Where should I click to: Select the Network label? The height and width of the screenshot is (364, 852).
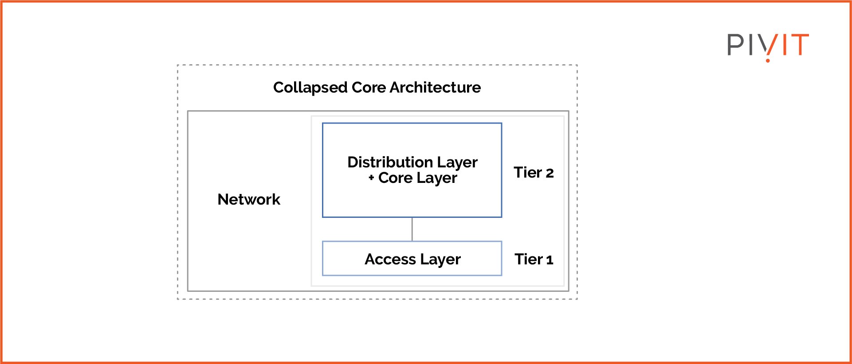(x=249, y=199)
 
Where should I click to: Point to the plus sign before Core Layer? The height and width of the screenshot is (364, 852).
(x=371, y=178)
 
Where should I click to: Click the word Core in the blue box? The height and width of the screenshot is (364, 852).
(x=395, y=178)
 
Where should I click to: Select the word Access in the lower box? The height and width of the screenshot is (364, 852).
(x=390, y=259)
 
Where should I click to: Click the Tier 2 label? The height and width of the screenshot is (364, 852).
(x=534, y=172)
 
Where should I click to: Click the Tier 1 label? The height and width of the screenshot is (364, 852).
(x=534, y=259)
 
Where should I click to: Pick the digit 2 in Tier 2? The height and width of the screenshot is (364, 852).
(x=550, y=173)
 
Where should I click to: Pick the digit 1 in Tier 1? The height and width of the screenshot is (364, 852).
(x=550, y=260)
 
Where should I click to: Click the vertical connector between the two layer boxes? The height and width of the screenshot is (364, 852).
(x=412, y=229)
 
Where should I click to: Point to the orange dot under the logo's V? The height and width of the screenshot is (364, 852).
(x=768, y=60)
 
